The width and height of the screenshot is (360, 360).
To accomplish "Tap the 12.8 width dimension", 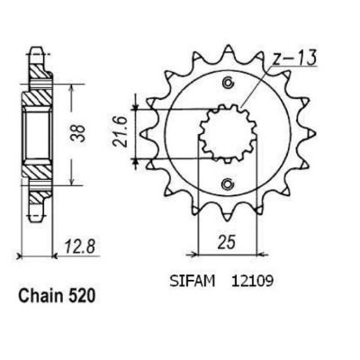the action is pos(80,247).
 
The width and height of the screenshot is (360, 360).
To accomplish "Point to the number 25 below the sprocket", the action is pos(227,243).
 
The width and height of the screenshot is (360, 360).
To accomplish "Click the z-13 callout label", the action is pos(294,58).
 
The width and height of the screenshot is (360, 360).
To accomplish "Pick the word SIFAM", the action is pos(193,282).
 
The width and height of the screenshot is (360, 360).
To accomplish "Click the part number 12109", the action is pos(252,282).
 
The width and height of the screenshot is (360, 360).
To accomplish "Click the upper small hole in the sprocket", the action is pos(228,83).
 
